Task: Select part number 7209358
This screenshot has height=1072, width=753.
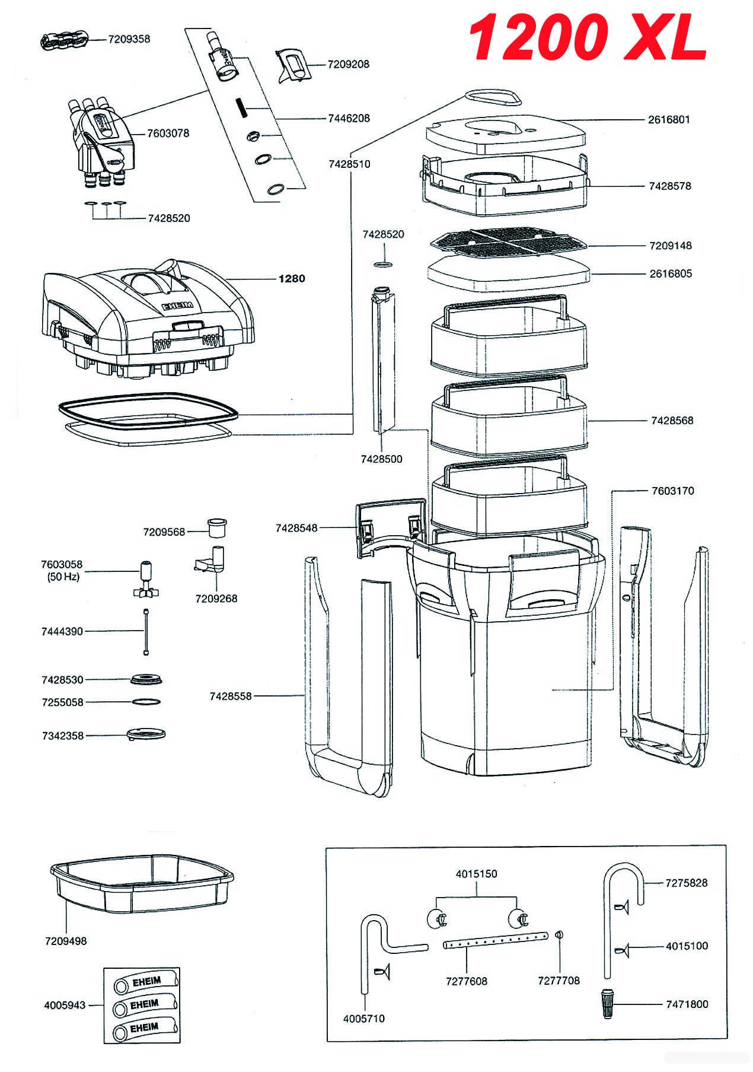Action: (129, 39)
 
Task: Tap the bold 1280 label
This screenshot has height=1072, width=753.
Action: (292, 279)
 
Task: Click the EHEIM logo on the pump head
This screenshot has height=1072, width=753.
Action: (177, 306)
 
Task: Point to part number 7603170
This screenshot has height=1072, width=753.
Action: (672, 491)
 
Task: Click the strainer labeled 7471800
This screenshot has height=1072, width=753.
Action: (607, 1004)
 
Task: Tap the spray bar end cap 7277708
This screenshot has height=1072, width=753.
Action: (559, 935)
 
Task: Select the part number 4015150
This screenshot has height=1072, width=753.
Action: (476, 874)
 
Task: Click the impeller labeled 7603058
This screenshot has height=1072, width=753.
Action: (145, 579)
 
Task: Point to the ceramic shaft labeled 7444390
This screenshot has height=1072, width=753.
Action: (146, 632)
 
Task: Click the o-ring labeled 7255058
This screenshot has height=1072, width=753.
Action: (146, 702)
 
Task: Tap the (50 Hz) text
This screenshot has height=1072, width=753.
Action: (63, 577)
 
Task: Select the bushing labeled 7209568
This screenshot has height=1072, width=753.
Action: (217, 527)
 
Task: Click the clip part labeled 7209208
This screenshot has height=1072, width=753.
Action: (293, 65)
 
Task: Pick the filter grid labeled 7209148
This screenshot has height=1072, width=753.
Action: (508, 243)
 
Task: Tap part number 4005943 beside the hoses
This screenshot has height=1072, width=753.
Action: (65, 1005)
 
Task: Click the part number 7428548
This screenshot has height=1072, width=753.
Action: (296, 528)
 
